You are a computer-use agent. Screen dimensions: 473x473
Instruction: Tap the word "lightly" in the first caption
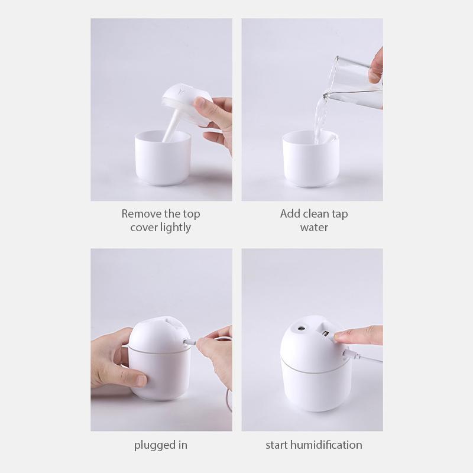click(175, 228)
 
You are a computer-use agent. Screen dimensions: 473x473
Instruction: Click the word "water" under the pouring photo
click(313, 228)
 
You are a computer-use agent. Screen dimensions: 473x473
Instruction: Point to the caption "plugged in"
click(161, 445)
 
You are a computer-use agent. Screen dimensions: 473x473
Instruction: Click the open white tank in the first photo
click(161, 163)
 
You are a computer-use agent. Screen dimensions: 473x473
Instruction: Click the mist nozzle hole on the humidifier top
click(302, 326)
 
